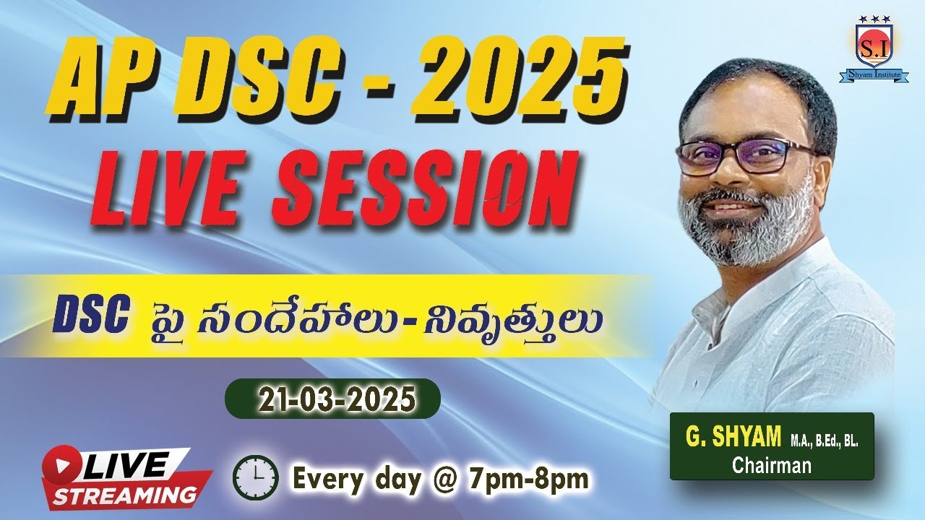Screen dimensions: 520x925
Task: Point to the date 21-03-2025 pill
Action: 332,399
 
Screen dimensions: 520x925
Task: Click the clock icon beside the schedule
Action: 255,477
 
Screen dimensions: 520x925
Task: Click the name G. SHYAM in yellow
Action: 733,438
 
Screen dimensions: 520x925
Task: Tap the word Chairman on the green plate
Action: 771,465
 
